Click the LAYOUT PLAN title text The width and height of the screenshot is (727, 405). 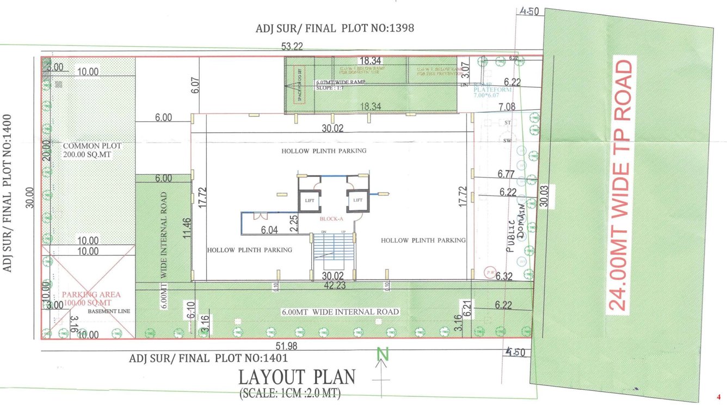[x=297, y=377]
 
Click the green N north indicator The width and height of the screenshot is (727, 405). [x=384, y=355]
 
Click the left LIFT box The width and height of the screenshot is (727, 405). [x=309, y=200]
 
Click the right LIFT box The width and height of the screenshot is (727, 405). [x=358, y=200]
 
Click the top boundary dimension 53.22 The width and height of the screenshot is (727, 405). [x=292, y=47]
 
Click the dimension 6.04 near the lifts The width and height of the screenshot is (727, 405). [x=270, y=230]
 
